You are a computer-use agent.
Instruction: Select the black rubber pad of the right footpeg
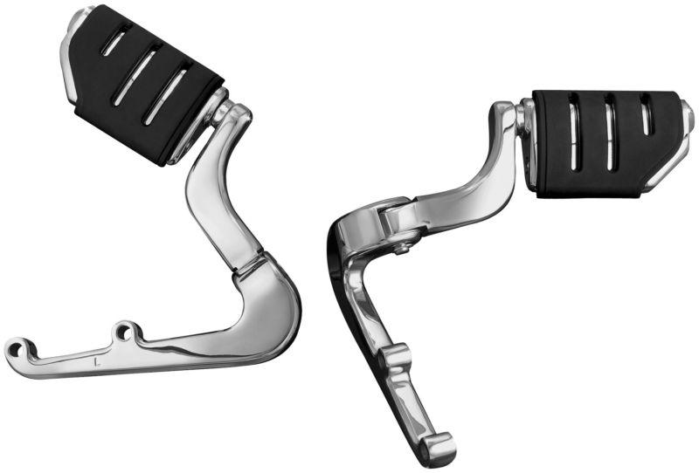pyautogui.click(x=594, y=144)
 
